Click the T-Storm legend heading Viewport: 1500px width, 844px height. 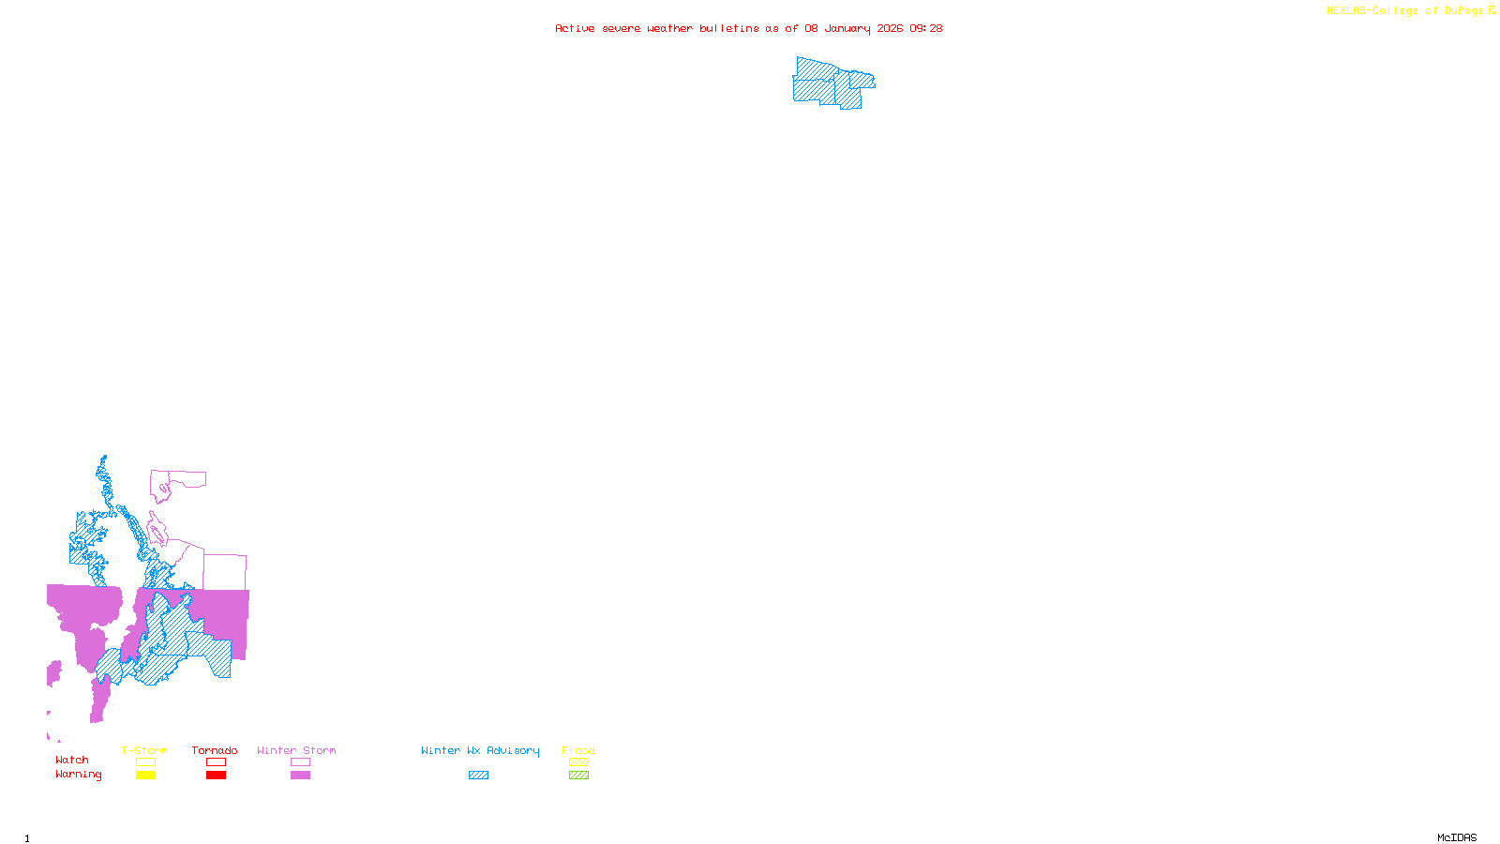[x=144, y=750]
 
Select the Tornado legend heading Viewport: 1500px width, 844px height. [x=215, y=750]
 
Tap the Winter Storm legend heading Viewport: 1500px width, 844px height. [x=296, y=750]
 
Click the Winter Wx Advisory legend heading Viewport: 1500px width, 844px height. [x=480, y=750]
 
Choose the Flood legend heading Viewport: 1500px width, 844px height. [x=578, y=750]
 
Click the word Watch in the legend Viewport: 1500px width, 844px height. [x=72, y=760]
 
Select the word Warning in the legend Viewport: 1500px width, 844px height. [x=79, y=775]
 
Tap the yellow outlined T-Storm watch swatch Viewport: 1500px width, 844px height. [x=145, y=762]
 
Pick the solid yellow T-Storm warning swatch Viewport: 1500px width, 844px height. [x=145, y=776]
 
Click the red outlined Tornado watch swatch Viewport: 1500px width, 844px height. [x=216, y=762]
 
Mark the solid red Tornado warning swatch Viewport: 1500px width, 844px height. [x=216, y=776]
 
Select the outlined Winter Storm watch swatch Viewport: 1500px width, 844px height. [x=300, y=762]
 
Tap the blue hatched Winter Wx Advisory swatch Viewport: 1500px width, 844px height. [x=478, y=776]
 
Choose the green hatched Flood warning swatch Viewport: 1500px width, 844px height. [x=578, y=776]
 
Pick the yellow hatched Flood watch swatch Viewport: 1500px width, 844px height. [x=578, y=762]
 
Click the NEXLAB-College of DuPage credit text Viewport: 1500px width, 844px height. [x=1405, y=11]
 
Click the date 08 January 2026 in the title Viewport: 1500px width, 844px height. [x=854, y=28]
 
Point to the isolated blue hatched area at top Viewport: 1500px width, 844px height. [x=830, y=83]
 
